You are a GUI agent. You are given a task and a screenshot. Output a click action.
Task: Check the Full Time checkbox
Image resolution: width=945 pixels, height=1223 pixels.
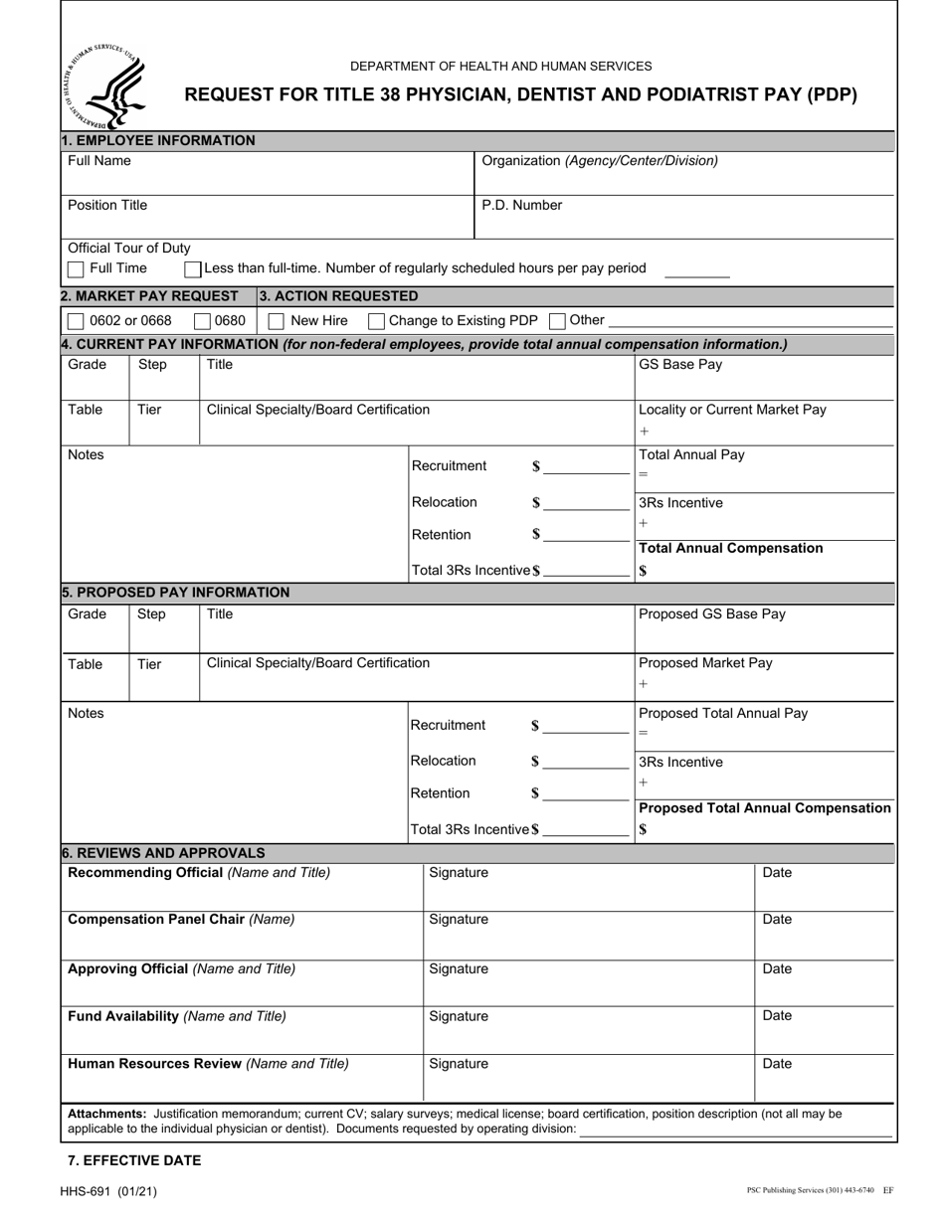(x=76, y=269)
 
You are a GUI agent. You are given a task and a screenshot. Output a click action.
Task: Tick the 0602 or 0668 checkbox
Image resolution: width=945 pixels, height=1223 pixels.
(x=76, y=321)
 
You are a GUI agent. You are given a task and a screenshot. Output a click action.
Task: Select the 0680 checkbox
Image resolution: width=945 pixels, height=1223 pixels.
(x=202, y=321)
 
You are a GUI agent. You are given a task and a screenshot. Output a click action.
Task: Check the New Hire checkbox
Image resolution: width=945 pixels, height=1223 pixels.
(x=277, y=321)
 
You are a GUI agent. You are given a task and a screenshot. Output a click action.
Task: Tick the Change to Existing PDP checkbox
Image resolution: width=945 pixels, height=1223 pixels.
(x=376, y=321)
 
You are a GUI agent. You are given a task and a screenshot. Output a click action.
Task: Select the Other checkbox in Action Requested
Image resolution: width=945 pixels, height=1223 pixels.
(x=557, y=321)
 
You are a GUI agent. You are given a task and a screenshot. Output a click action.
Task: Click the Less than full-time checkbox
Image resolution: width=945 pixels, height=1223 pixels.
(x=194, y=269)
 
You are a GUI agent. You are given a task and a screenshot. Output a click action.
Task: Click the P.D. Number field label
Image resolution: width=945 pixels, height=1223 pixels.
(x=521, y=206)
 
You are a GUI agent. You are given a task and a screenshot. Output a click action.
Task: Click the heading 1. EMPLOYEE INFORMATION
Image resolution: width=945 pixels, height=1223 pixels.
(x=158, y=141)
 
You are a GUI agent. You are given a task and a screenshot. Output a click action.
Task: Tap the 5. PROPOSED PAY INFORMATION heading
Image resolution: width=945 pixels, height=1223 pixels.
(x=175, y=593)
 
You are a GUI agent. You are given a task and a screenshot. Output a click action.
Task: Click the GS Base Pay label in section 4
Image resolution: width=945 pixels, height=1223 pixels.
(x=680, y=365)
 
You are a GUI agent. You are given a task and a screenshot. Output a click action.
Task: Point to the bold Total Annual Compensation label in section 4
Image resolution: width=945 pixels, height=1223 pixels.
(x=730, y=549)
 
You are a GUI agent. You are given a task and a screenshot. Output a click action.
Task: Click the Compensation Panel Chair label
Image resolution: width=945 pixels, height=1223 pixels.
(x=181, y=920)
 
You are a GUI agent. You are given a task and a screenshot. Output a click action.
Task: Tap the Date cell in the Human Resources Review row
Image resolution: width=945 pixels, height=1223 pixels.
(x=777, y=1064)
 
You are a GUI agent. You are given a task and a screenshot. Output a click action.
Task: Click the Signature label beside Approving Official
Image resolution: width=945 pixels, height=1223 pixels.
(x=459, y=969)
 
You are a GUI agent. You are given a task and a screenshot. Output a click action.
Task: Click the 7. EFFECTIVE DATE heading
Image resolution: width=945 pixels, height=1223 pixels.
(x=134, y=1160)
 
